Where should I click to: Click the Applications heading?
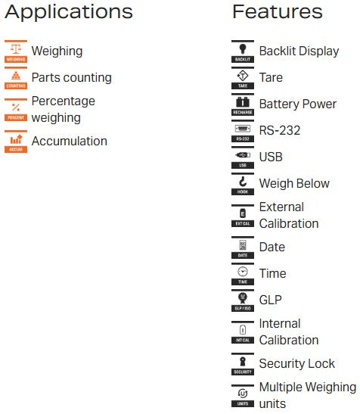pyautogui.click(x=69, y=12)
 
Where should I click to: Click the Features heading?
pyautogui.click(x=278, y=12)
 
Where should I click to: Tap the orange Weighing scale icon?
pyautogui.click(x=16, y=51)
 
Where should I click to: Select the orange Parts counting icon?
pyautogui.click(x=16, y=78)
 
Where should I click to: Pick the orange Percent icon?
pyautogui.click(x=16, y=110)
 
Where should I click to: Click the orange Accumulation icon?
pyautogui.click(x=16, y=142)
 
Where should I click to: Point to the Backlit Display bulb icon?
pyautogui.click(x=243, y=51)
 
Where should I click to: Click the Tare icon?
pyautogui.click(x=243, y=78)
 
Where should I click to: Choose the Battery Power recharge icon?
pyautogui.click(x=243, y=104)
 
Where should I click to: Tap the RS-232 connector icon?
pyautogui.click(x=243, y=131)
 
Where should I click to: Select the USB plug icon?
pyautogui.click(x=243, y=157)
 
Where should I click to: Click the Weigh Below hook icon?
pyautogui.click(x=243, y=184)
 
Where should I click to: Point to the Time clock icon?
pyautogui.click(x=243, y=274)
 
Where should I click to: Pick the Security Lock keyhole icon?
pyautogui.click(x=243, y=364)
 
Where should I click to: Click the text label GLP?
pyautogui.click(x=271, y=300)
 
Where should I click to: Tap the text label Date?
pyautogui.click(x=272, y=247)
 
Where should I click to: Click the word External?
pyautogui.click(x=281, y=207)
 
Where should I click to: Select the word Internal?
pyautogui.click(x=280, y=323)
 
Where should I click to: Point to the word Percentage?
pyautogui.click(x=64, y=101)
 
